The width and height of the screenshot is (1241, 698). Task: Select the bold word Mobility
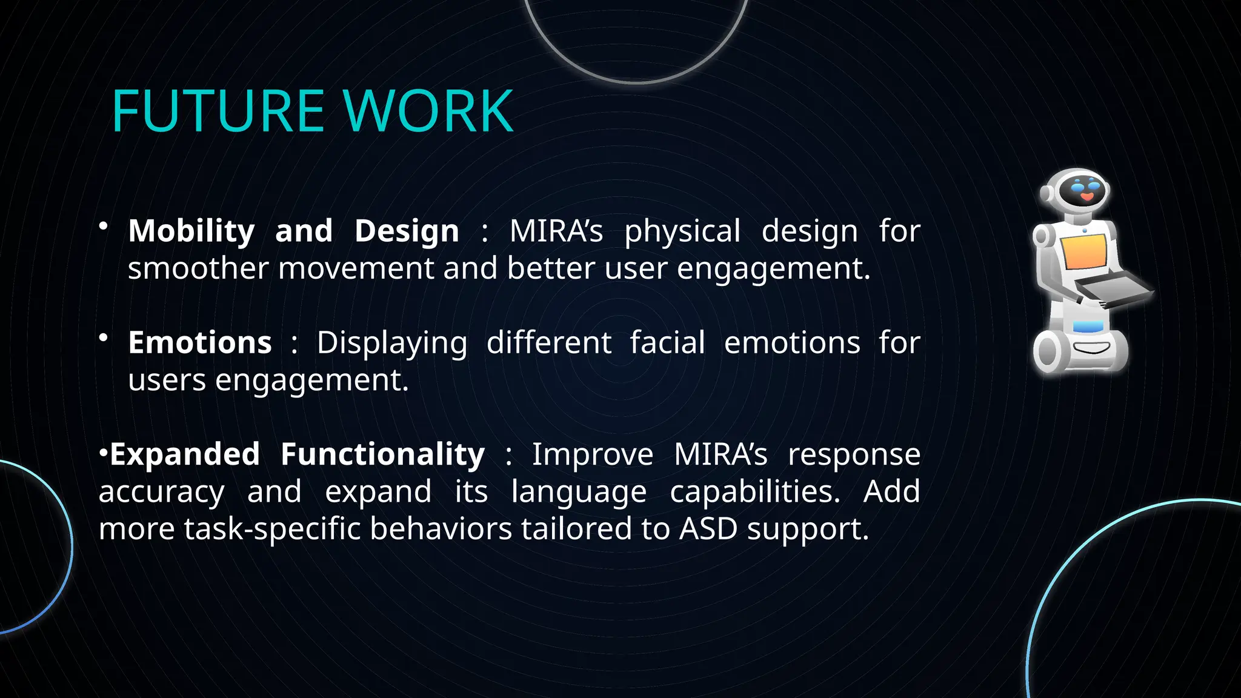tap(191, 231)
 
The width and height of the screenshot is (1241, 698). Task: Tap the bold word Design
tap(407, 231)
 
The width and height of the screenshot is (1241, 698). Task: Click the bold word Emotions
tap(200, 343)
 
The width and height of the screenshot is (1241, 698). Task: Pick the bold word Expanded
tap(185, 454)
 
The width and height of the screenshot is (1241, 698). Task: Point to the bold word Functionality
tap(382, 454)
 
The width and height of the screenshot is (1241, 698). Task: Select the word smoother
tap(198, 268)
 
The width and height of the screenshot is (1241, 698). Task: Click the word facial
tap(667, 343)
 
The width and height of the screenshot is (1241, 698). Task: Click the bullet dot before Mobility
tap(104, 226)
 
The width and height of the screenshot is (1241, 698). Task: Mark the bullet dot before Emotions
tap(104, 337)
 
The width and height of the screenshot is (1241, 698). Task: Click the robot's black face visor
tap(1082, 191)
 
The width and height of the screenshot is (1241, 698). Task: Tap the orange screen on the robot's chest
tap(1085, 251)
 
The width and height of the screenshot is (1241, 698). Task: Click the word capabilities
tap(755, 492)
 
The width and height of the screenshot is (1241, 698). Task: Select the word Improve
tap(592, 454)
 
